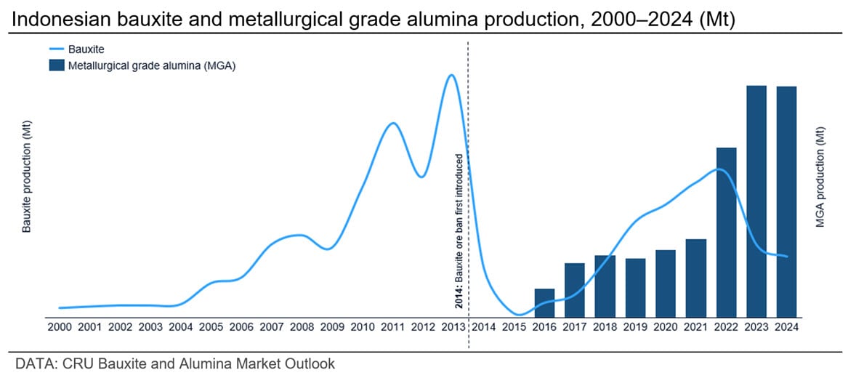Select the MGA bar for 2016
544,302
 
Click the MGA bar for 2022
727,233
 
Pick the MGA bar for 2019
635,287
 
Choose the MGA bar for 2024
787,201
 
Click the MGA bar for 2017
575,289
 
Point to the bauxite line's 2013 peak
451,75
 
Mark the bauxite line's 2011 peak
392,123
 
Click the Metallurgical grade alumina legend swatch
56,65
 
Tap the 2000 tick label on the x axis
60,327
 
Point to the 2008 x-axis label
302,327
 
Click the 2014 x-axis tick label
483,327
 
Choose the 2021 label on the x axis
696,327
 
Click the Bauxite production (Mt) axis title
27,177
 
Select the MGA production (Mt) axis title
820,177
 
